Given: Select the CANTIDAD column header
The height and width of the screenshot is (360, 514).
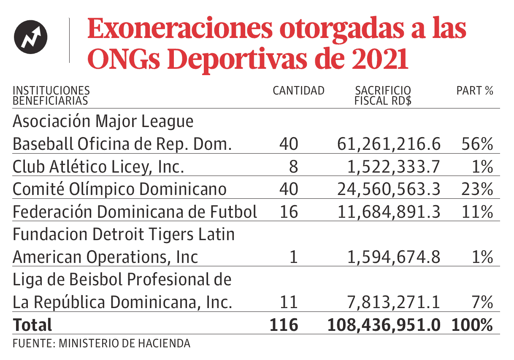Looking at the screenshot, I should pos(298,91).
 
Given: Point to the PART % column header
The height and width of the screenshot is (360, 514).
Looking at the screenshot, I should pos(475,91).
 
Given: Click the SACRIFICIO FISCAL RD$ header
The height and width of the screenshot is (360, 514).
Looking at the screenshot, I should pos(383,96).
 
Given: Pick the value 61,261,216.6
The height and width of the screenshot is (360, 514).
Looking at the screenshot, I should pos(389,145).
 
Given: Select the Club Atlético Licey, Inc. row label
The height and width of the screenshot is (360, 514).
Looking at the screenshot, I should pos(98,167).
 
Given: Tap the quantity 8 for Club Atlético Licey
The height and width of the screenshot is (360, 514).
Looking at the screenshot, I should pos(293,167).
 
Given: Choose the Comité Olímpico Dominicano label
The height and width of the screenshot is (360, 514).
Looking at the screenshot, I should pos(119,189).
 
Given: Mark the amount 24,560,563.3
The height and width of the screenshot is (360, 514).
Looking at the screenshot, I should pos(389,189).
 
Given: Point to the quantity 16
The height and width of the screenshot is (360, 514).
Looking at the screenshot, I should pos(289,212).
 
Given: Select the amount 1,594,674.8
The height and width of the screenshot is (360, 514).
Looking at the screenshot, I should pos(394,257).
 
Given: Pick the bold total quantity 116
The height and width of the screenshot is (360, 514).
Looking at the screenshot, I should pos(283,325).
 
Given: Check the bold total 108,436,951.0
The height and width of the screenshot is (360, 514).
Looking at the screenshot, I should pos(384,325).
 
